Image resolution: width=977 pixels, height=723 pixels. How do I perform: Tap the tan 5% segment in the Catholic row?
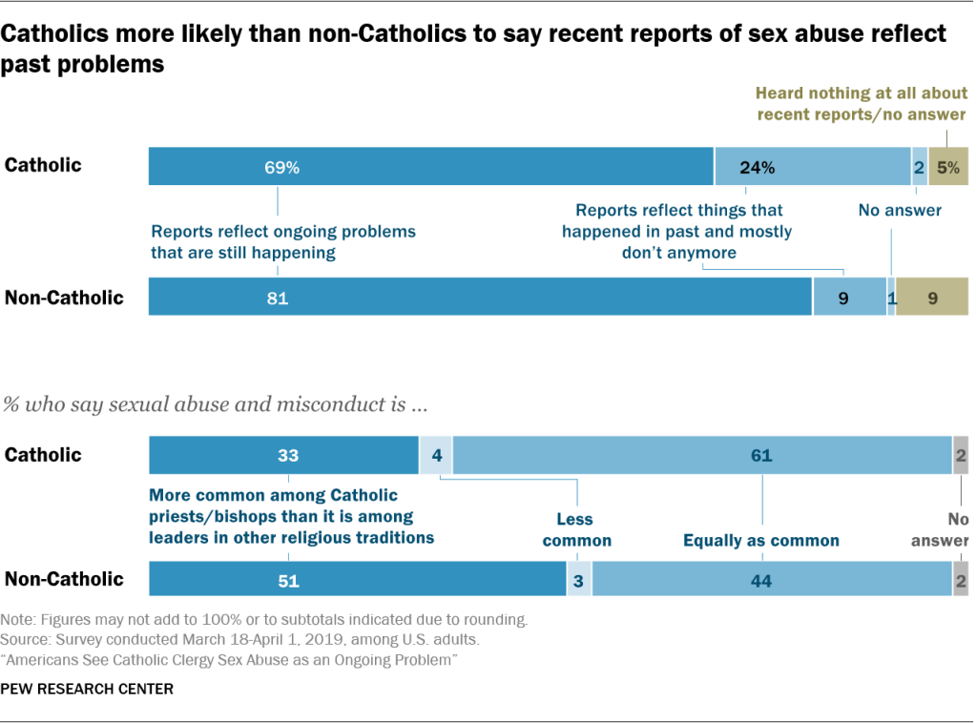pyautogui.click(x=948, y=166)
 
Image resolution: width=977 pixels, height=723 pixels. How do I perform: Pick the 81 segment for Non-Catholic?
pyautogui.click(x=480, y=297)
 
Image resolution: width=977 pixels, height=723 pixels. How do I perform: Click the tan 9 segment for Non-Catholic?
pyautogui.click(x=931, y=297)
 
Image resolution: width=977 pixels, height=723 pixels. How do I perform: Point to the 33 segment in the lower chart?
pyautogui.click(x=283, y=455)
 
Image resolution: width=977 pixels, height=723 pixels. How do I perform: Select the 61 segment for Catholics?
pyautogui.click(x=701, y=455)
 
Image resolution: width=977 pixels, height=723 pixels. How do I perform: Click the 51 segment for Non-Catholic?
pyautogui.click(x=358, y=579)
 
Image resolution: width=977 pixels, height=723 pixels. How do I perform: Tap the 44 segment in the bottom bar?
pyautogui.click(x=771, y=579)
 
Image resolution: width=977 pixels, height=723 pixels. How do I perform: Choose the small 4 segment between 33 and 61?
pyautogui.click(x=435, y=455)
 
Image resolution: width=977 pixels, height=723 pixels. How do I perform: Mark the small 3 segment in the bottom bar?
pyautogui.click(x=579, y=579)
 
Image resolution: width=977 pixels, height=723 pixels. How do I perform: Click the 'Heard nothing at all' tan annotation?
pyautogui.click(x=861, y=104)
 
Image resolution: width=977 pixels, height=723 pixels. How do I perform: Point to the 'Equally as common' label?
pyautogui.click(x=760, y=540)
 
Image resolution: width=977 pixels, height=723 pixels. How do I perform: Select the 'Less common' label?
pyautogui.click(x=576, y=529)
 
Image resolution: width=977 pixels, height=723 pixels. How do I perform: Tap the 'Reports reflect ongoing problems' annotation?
pyautogui.click(x=282, y=241)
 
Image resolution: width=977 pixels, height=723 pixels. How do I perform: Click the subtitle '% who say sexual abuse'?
pyautogui.click(x=215, y=403)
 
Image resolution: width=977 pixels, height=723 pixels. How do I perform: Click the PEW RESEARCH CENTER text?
pyautogui.click(x=88, y=688)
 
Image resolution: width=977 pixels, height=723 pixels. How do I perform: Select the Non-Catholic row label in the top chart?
pyautogui.click(x=64, y=297)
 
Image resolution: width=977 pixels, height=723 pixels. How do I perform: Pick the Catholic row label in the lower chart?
pyautogui.click(x=43, y=455)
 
